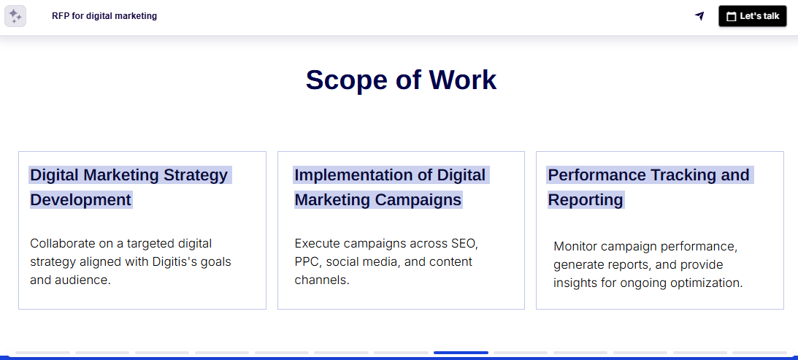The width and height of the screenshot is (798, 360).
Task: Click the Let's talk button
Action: coord(752,16)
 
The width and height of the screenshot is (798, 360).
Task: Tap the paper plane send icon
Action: coord(699,16)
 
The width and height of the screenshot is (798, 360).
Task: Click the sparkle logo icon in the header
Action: coord(15,16)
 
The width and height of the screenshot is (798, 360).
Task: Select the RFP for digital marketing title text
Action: coord(104,16)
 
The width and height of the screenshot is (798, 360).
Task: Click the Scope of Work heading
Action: coord(401,80)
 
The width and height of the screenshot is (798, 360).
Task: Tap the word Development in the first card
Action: coord(80,200)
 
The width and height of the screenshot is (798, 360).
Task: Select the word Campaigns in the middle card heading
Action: coord(418,200)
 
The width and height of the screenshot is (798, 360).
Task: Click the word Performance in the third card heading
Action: coord(596,175)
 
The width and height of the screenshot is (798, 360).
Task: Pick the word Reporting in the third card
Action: coord(586,200)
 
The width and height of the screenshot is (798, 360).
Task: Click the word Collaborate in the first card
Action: coord(64,243)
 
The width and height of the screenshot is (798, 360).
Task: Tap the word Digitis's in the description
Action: coord(169,261)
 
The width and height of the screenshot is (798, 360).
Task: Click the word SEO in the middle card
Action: coord(464,243)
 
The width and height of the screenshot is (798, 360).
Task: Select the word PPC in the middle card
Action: coord(307,261)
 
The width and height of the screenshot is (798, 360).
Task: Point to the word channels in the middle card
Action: coord(321,280)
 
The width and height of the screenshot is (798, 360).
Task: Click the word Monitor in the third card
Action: coord(576,246)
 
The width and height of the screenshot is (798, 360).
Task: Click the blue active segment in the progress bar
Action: coord(461,353)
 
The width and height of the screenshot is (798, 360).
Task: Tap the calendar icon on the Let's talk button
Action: coord(731,16)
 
